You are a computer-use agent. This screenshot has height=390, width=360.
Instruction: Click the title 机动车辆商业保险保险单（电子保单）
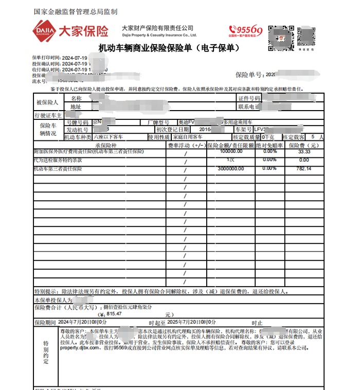pyautogui.click(x=169, y=48)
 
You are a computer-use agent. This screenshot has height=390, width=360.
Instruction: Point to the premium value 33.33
pyautogui.click(x=304, y=152)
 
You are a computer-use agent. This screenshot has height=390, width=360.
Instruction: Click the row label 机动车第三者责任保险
pyautogui.click(x=58, y=169)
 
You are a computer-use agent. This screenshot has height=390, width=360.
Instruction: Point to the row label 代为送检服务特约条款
pyautogui.click(x=58, y=161)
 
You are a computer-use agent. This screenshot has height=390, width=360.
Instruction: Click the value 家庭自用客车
pyautogui.click(x=188, y=137)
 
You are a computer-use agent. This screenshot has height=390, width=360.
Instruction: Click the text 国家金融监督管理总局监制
pyautogui.click(x=75, y=11)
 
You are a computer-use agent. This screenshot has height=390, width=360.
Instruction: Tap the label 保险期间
pyautogui.click(x=45, y=322)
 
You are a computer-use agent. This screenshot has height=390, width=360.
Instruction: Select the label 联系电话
pyautogui.click(x=248, y=107)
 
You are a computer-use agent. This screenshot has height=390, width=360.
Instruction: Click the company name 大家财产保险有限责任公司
pyautogui.click(x=157, y=28)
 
